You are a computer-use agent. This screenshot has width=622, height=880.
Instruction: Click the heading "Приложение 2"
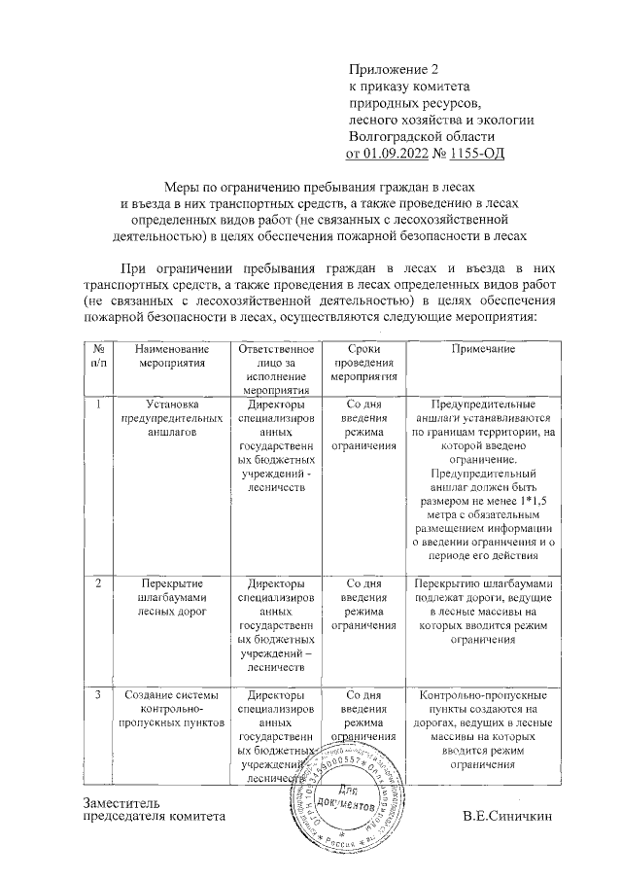click(394, 70)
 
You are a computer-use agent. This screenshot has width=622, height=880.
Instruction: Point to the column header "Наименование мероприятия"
click(171, 356)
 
